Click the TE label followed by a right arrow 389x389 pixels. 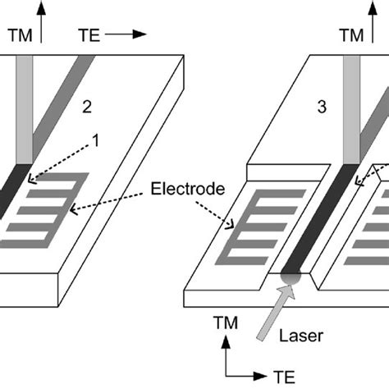pos(93,36)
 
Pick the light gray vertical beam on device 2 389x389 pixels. pos(24,115)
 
